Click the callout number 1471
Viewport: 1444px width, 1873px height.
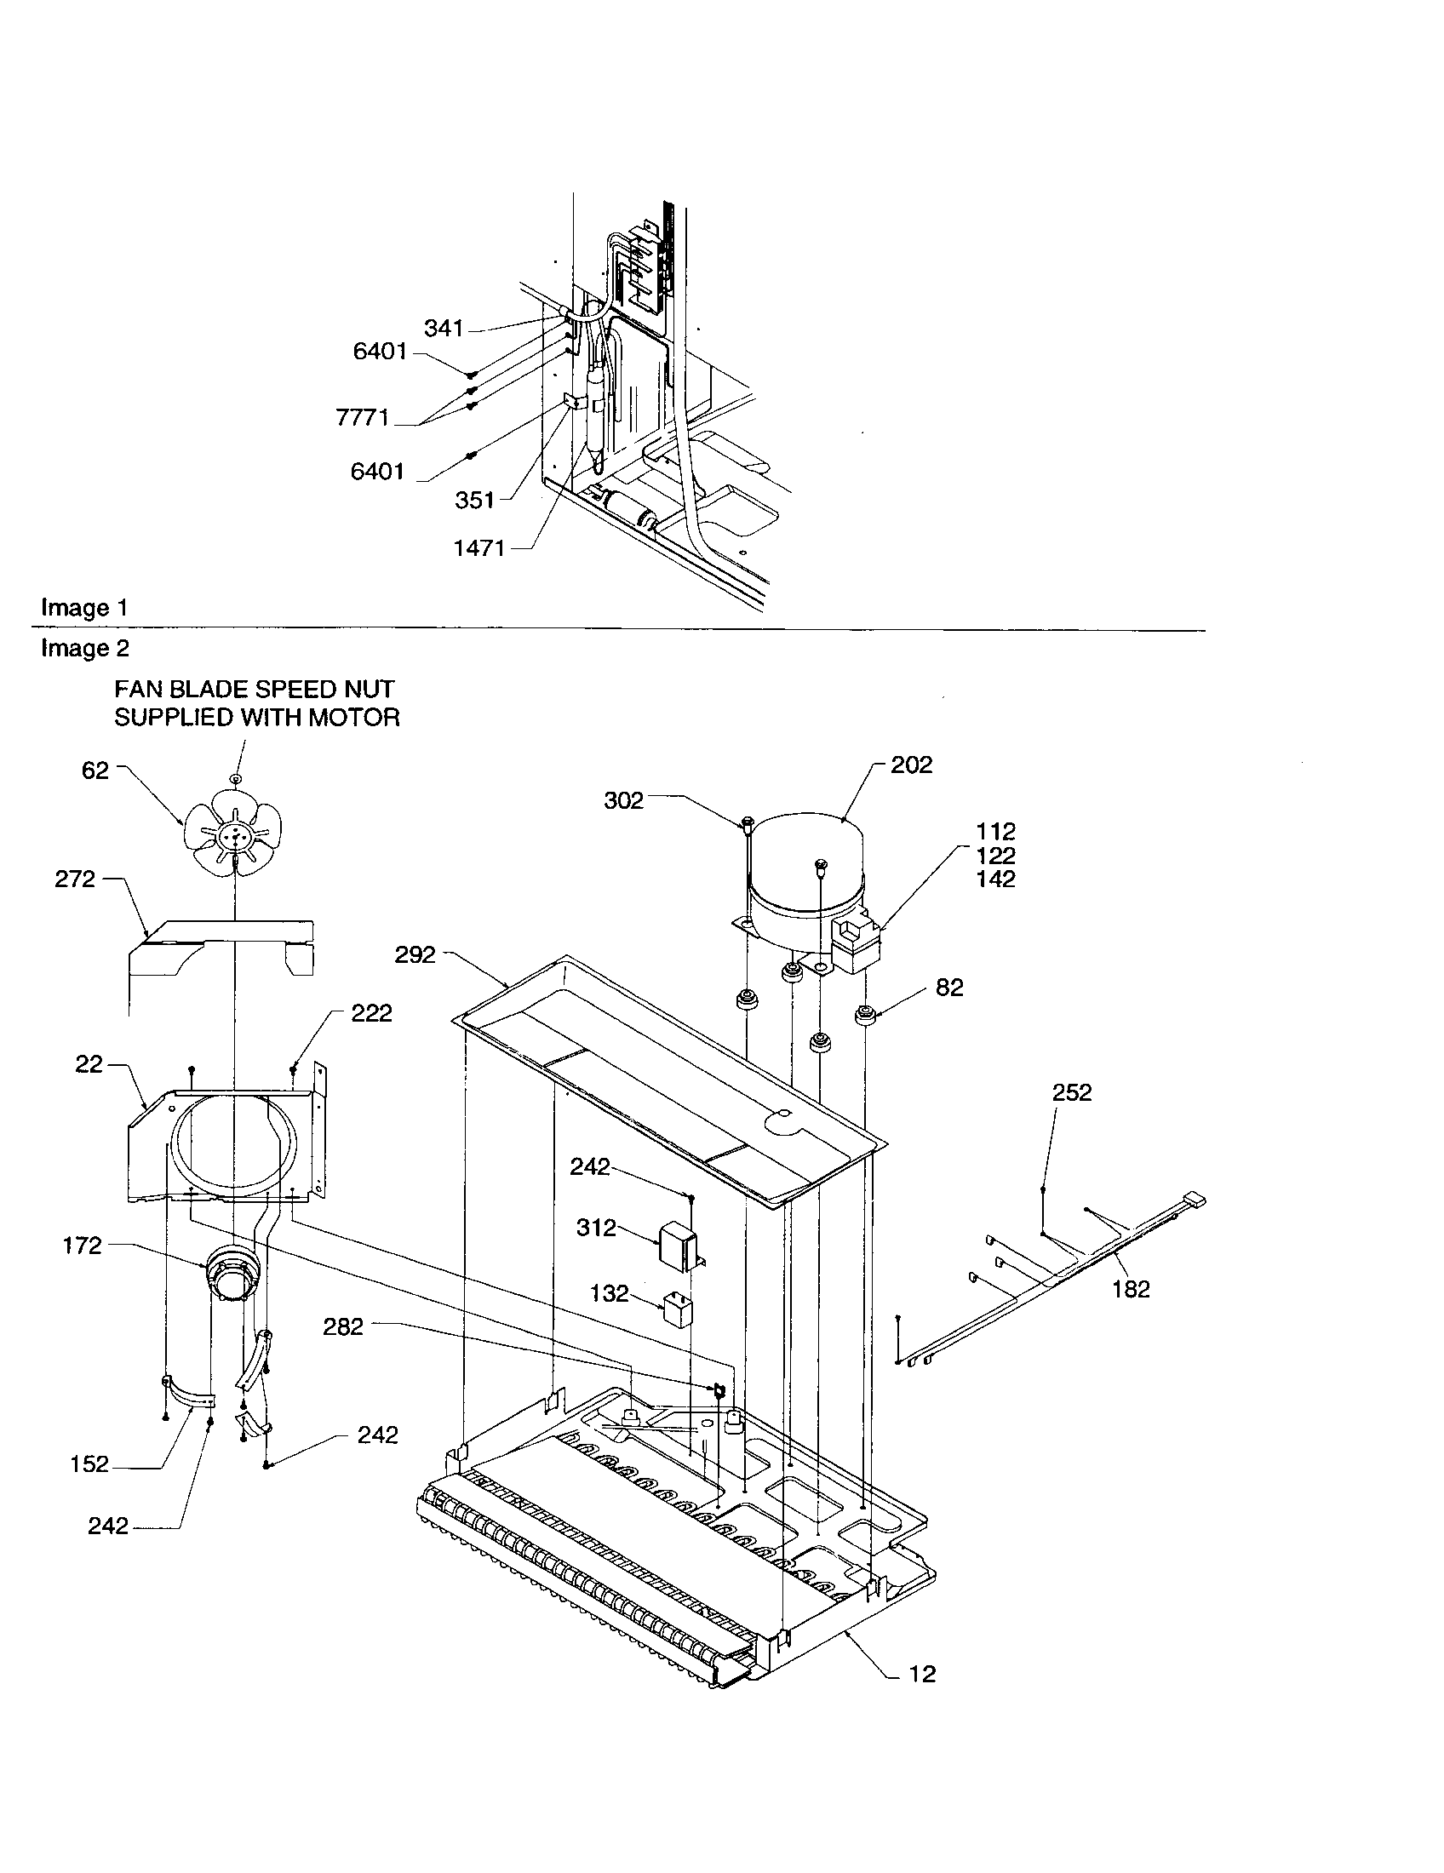pos(479,548)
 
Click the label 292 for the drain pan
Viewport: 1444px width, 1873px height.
pos(415,954)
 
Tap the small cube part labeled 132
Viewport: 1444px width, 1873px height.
pos(677,1312)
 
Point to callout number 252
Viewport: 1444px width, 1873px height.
pos(1072,1092)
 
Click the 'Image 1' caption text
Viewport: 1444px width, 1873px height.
pos(85,608)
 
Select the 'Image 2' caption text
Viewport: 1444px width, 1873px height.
pos(85,649)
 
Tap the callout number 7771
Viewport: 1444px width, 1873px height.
pos(362,418)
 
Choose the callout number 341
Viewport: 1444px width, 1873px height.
pos(444,329)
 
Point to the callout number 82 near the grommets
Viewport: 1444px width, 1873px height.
pos(949,988)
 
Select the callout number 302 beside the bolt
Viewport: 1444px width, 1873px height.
pos(623,800)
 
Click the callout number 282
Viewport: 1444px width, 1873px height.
pos(343,1326)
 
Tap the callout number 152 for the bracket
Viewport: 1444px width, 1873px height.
pos(89,1464)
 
